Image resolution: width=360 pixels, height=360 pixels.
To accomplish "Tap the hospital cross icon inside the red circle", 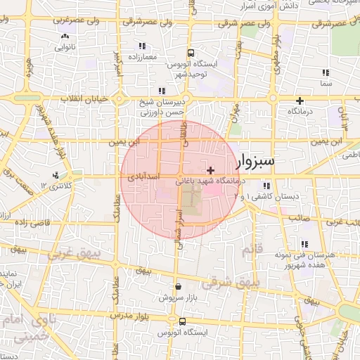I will [211, 170].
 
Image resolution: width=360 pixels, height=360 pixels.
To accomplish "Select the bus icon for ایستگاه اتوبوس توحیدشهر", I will [191, 53].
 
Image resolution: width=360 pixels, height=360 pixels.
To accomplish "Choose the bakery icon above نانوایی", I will [65, 37].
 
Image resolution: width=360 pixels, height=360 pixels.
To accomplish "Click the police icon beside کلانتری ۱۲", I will [56, 175].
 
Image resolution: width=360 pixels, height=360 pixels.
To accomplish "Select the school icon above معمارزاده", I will [141, 46].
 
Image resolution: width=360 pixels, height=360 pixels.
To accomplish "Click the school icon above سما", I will [325, 72].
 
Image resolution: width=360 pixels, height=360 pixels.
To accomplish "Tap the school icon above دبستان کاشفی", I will [266, 186].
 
